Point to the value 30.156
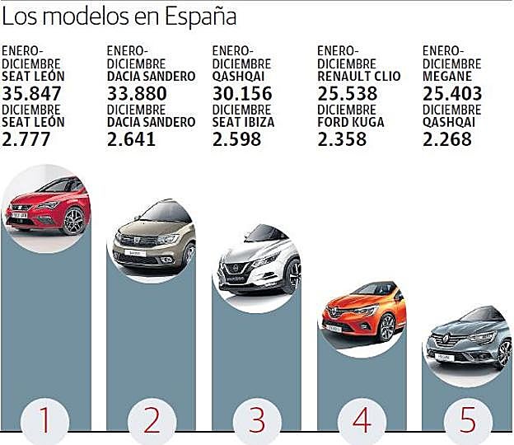coord(242,94)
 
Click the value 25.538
coord(347,94)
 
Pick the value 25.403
coord(452,94)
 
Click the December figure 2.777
coord(26,138)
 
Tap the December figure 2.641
coord(132,138)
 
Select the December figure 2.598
coord(237,138)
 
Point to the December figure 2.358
coord(342,138)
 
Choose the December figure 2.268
coord(447,138)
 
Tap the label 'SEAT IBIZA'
coord(244,122)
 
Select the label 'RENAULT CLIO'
coord(359,77)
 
